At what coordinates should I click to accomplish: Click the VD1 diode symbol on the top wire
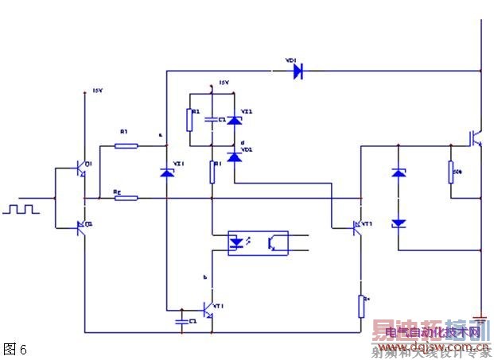298,72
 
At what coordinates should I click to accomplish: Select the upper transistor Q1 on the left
80,168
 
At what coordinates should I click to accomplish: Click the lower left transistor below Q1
80,227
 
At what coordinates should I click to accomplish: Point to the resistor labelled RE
126,198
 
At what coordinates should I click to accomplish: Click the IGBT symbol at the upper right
476,137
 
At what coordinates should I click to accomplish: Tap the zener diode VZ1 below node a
166,172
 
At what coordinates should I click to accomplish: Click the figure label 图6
15,348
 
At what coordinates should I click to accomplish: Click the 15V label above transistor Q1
99,91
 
